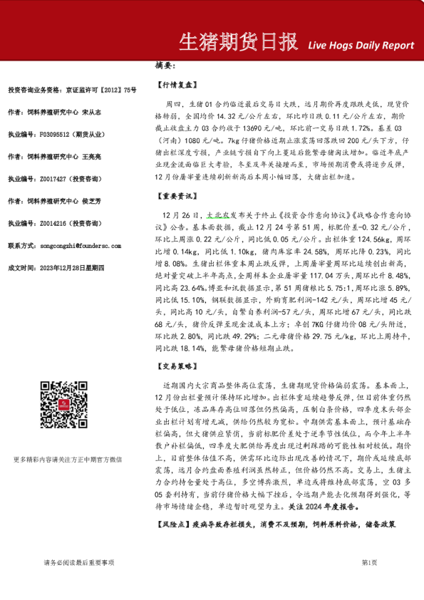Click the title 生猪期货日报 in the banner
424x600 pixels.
pos(237,42)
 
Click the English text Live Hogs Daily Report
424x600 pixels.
pos(361,45)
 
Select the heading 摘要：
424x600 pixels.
pos(165,66)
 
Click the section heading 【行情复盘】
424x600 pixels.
pos(175,84)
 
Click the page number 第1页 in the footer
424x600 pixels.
pos(370,563)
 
